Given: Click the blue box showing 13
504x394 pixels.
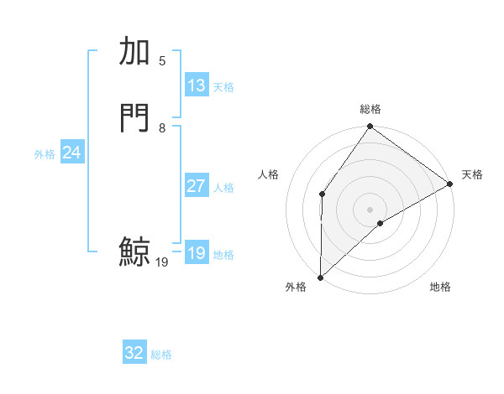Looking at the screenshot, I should tap(197, 86).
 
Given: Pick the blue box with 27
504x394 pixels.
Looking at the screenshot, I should tap(197, 186).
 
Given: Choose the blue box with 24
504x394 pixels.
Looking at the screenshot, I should tap(72, 153).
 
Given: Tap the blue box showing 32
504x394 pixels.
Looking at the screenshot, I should tap(134, 353).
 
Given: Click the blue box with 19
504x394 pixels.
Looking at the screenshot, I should tap(197, 253).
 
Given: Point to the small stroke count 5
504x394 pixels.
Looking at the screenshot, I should tap(162, 61).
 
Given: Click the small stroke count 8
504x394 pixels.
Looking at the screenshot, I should tap(162, 128).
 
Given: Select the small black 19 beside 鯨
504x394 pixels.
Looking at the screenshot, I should tap(162, 262).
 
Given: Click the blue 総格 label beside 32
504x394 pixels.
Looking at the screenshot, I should tap(161, 355).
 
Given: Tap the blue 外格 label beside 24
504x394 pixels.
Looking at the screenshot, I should tap(45, 154).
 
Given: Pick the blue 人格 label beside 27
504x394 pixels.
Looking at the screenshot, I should tap(224, 188).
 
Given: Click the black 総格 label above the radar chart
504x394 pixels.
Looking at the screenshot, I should tap(370, 109).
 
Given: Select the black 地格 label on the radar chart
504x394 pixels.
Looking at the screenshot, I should tap(440, 288).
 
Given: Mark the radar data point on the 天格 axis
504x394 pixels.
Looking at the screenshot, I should tap(450, 184).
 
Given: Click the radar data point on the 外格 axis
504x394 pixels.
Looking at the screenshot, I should tap(320, 277).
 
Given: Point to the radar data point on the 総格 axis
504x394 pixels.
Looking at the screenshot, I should tap(370, 127).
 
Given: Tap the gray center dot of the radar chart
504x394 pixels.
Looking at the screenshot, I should tap(370, 209).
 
